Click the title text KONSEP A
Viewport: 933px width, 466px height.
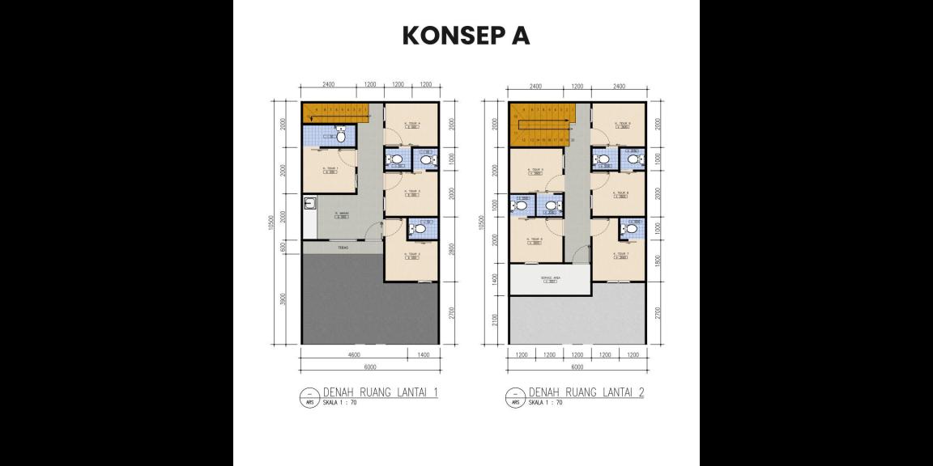tap(466, 36)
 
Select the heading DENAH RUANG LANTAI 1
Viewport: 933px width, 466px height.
tap(381, 393)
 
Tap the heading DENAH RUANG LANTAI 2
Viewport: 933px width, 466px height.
tap(586, 393)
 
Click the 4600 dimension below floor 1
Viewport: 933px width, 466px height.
tap(354, 354)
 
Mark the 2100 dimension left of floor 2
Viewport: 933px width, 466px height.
tap(493, 321)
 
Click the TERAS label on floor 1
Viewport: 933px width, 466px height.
tap(343, 248)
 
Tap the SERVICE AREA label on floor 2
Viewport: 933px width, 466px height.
tap(551, 278)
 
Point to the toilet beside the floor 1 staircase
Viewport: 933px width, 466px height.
tap(341, 137)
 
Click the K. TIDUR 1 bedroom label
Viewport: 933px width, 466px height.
tap(330, 169)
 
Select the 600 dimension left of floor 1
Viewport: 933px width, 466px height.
tap(283, 247)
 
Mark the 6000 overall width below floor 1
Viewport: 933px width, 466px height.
tap(369, 366)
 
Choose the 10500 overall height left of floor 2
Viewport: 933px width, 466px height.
tap(484, 222)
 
